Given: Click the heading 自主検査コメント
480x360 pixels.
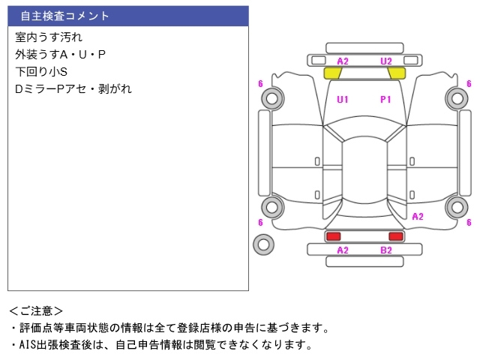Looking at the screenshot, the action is pos(64,16).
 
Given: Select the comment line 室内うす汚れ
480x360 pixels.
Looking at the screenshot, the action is pos(49,37).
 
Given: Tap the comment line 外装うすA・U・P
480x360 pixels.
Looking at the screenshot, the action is pos(60,55).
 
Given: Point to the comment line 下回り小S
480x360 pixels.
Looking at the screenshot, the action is pos(41,72).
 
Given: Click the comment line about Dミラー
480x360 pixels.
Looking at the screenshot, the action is pos(73,88).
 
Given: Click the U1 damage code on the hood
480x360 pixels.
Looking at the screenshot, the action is pos(343,100).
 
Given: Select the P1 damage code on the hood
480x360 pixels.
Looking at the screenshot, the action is pos(385,100).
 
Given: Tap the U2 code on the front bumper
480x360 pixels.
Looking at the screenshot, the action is pos(386,61).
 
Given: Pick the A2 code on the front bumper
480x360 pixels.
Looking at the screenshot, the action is pos(343,61).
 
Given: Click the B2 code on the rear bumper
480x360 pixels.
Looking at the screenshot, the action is pos(386,250).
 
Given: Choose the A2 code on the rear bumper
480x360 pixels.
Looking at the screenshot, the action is pos(343,250).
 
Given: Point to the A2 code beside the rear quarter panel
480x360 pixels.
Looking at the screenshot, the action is pos(418,217).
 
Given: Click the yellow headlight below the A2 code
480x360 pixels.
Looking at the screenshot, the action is pos(332,73).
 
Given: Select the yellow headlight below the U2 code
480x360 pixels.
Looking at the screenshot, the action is pos(397,73).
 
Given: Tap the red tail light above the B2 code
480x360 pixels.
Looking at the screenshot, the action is pos(396,236).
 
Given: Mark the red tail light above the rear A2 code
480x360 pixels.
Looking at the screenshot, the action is pos(333,236).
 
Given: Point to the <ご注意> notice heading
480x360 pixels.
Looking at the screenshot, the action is pos(36,311).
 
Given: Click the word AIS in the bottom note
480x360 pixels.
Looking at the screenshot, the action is pos(28,345).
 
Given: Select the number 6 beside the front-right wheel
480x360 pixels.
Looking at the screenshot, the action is pos(469,83).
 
